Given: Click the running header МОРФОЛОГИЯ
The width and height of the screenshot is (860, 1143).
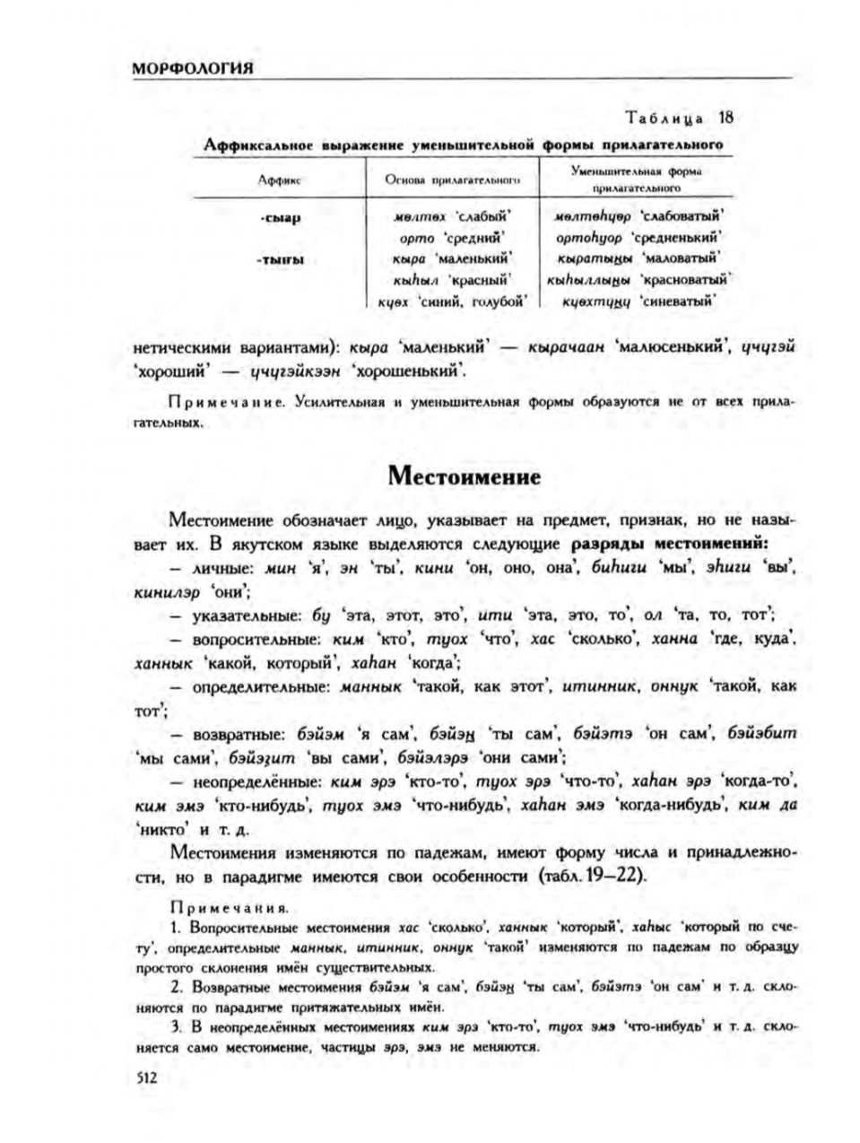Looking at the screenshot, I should click(x=190, y=69).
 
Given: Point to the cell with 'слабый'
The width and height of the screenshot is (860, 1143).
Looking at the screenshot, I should click(x=453, y=217).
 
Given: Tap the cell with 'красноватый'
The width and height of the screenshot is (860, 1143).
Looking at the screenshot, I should click(x=638, y=281).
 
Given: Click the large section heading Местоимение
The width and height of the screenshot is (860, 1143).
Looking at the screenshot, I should click(x=464, y=476).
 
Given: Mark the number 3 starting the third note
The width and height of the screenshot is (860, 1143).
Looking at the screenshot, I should click(x=174, y=1025).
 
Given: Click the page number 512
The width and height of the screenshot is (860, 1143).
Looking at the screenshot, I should click(x=145, y=1080).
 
